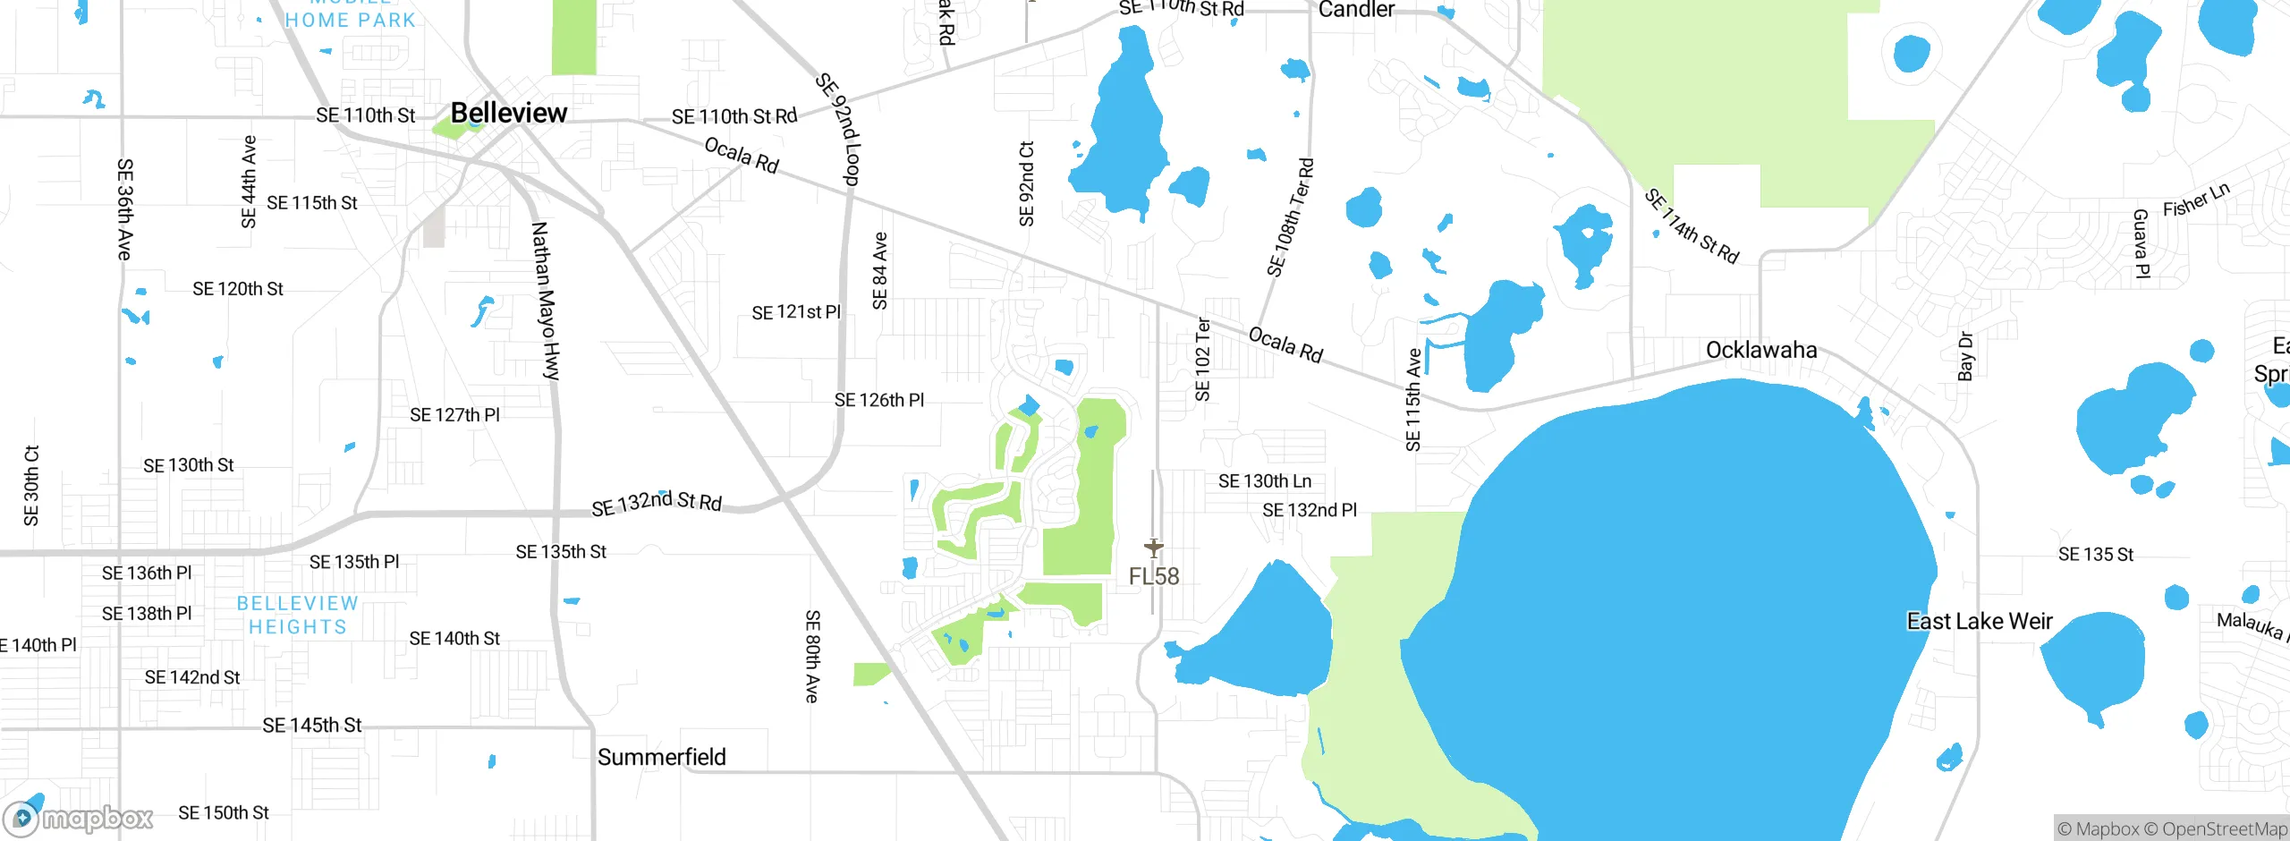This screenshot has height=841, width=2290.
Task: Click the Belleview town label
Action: click(508, 113)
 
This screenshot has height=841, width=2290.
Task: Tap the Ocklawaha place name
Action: click(1760, 350)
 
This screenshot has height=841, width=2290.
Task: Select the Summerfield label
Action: click(661, 757)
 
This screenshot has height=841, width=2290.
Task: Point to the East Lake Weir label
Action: click(1979, 621)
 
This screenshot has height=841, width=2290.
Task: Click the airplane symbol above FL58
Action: click(1154, 547)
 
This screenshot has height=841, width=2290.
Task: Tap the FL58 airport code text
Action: click(1154, 576)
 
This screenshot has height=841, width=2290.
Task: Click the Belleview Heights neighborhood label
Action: click(298, 615)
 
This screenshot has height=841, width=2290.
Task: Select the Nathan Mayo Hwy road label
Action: click(545, 301)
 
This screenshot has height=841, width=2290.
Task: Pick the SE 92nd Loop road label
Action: click(838, 130)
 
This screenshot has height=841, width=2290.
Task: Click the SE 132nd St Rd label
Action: click(657, 503)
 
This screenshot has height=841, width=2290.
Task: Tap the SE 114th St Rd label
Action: click(1692, 226)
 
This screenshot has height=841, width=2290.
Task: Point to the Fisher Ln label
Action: click(2196, 200)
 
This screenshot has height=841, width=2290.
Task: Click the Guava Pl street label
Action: click(2141, 243)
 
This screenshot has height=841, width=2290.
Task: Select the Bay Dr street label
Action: click(1965, 356)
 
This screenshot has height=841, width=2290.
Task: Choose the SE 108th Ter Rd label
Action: click(1291, 217)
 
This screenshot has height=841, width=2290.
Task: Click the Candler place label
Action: click(1356, 10)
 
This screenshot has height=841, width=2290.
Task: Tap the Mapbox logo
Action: click(79, 818)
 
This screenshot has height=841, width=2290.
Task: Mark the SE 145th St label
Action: click(312, 725)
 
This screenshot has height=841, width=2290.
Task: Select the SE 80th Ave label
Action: click(811, 656)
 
